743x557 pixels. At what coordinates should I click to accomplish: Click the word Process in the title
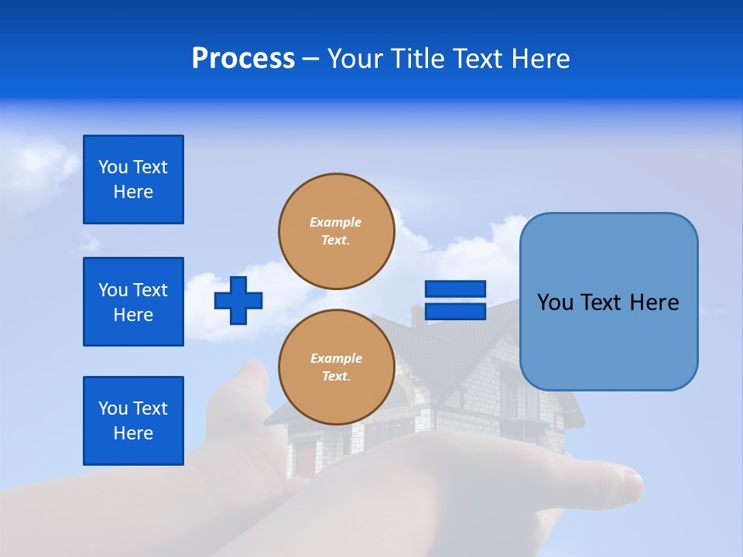(243, 59)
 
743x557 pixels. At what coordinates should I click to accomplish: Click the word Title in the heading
(418, 59)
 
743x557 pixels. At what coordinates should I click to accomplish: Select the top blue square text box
(133, 179)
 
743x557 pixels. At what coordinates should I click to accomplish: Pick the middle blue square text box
(133, 302)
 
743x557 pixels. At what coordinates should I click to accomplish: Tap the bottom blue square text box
(133, 421)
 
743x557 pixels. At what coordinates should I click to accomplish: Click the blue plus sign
(238, 300)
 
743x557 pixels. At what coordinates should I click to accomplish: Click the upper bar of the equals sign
(455, 289)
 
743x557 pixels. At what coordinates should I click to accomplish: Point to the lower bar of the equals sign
(455, 311)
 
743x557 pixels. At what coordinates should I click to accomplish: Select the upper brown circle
(336, 231)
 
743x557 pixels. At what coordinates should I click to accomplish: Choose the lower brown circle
(336, 367)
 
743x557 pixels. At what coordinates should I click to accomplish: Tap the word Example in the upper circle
(336, 222)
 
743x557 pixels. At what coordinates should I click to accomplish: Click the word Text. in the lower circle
(336, 377)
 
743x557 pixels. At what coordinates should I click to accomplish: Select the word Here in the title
(542, 59)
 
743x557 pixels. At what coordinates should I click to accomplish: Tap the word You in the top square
(113, 167)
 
